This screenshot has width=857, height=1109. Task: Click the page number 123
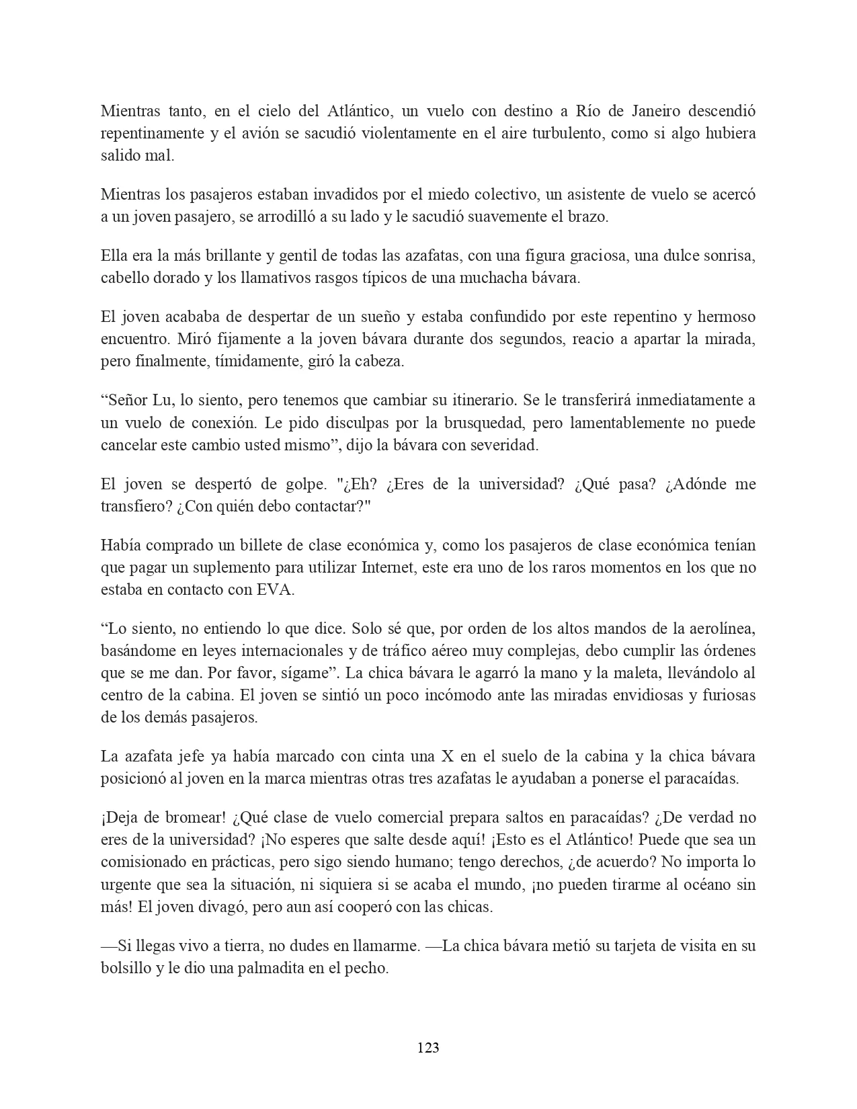(x=428, y=1048)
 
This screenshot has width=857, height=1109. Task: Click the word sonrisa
(x=723, y=256)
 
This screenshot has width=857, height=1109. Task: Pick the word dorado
(x=172, y=278)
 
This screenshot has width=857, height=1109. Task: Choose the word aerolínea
(x=723, y=628)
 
